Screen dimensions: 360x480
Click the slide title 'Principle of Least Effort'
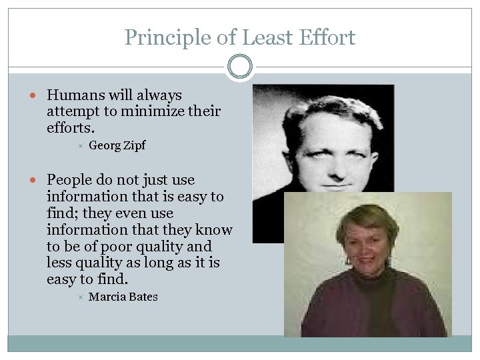click(240, 37)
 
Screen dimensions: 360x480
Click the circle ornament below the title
click(240, 67)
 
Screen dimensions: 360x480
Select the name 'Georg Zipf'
click(117, 145)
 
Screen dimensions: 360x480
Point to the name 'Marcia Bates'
click(123, 297)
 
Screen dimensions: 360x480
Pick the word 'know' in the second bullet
click(214, 230)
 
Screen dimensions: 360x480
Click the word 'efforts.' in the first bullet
click(71, 128)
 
